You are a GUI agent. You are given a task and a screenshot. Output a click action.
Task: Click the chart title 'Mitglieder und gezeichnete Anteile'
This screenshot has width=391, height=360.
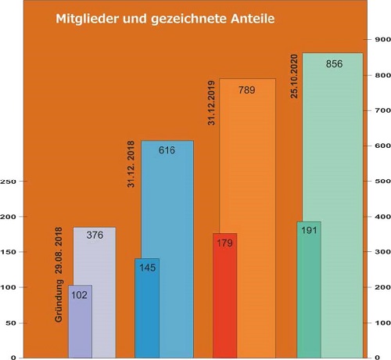pos(164,20)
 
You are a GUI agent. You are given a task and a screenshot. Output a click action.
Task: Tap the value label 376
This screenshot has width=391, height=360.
pos(95,236)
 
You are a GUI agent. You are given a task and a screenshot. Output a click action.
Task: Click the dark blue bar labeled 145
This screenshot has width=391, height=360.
pos(147,313)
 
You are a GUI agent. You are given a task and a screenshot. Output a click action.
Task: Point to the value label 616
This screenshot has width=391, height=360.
pos(167,149)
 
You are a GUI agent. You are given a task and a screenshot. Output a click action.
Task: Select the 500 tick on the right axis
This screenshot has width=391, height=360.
pos(381,182)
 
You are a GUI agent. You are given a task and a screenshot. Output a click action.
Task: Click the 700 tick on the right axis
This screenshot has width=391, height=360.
pos(381,110)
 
